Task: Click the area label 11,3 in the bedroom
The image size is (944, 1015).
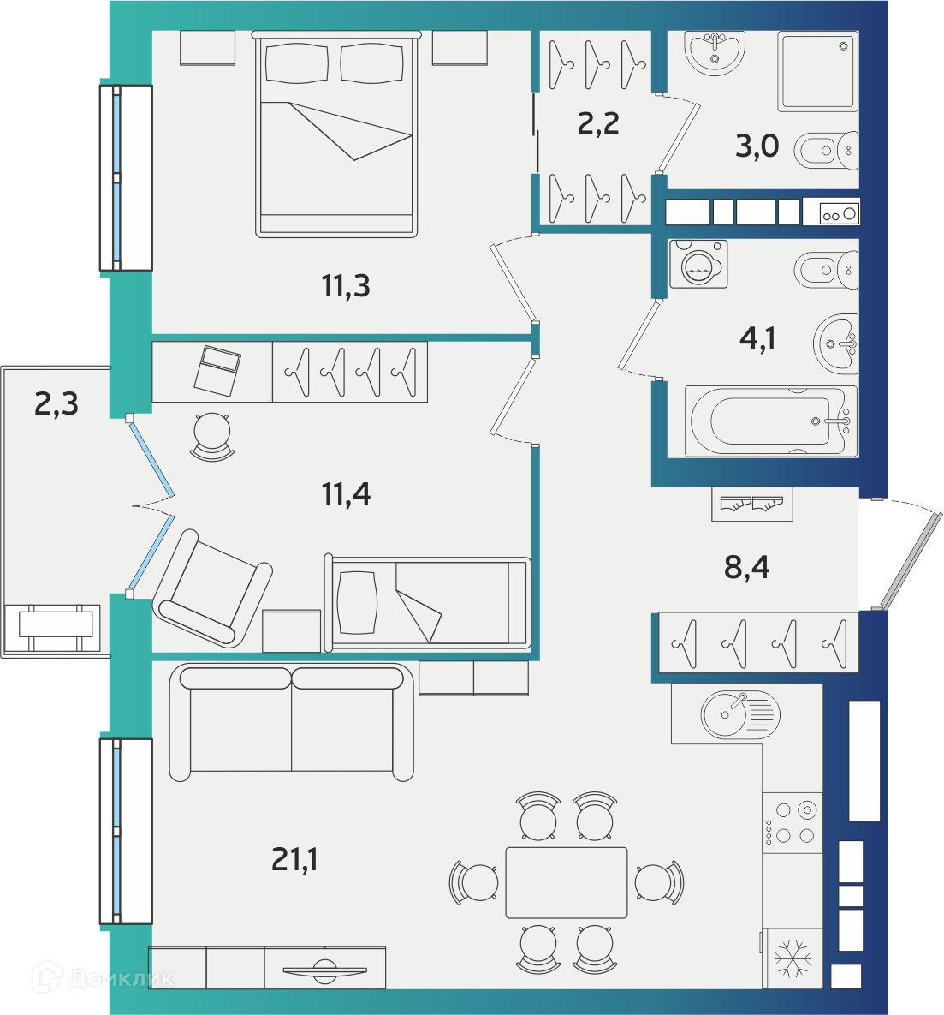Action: (346, 286)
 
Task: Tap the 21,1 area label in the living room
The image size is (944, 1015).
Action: (294, 860)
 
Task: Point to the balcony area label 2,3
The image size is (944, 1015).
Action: (56, 404)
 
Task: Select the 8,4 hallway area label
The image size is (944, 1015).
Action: (746, 567)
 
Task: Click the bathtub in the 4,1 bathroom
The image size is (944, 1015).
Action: (770, 421)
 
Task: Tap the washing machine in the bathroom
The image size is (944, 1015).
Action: (698, 264)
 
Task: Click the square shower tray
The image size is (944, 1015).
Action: (818, 71)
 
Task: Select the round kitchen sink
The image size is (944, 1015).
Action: (740, 714)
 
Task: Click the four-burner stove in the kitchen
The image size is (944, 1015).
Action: (793, 823)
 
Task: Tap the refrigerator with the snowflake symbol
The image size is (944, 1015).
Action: (793, 958)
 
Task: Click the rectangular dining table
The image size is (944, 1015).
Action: (566, 882)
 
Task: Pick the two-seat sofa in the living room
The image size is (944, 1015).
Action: (291, 722)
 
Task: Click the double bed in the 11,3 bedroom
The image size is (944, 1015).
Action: (336, 134)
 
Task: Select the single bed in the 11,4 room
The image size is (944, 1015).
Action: (428, 603)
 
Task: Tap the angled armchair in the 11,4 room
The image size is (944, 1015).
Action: (212, 588)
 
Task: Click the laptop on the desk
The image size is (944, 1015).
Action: (217, 371)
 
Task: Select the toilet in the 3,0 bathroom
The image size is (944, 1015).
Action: (826, 151)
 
